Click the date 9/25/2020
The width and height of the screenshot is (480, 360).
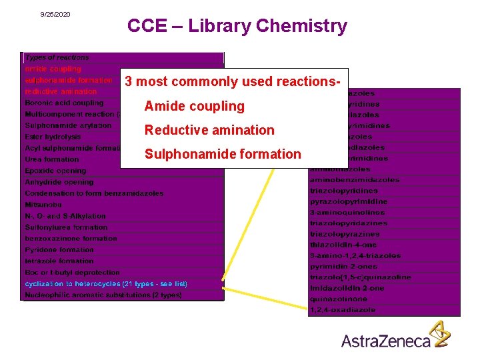[55, 14]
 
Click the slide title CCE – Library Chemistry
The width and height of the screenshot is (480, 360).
[237, 26]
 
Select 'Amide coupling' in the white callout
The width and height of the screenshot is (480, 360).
[195, 106]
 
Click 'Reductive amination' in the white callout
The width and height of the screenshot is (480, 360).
[209, 130]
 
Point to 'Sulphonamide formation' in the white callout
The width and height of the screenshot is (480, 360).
[223, 154]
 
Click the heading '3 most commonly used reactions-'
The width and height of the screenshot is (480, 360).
[233, 82]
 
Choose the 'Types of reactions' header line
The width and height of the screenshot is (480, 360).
[57, 57]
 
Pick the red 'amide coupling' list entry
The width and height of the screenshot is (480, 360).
[53, 69]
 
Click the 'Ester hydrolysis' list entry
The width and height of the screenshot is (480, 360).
[53, 137]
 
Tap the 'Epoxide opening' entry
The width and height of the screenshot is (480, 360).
[55, 171]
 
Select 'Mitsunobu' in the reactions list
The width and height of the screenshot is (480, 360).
[43, 205]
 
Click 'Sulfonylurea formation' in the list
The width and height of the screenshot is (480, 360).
[66, 227]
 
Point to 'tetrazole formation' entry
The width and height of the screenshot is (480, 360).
[59, 261]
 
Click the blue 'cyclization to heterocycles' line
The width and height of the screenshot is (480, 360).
[106, 284]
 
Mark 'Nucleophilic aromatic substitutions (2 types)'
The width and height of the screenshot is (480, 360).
[103, 295]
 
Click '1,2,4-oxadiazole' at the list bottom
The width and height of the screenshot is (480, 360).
[343, 309]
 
